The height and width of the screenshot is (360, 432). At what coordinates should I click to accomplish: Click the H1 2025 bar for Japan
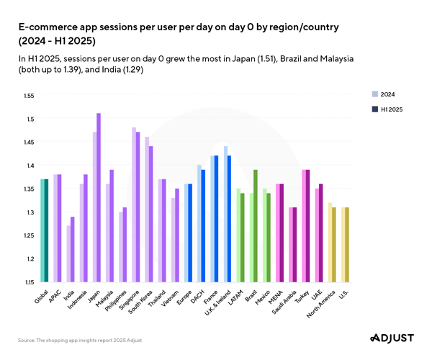pos(99,197)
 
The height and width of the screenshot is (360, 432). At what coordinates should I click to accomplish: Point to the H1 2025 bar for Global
pos(47,230)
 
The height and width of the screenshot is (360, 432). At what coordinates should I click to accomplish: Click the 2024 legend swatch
pos(374,94)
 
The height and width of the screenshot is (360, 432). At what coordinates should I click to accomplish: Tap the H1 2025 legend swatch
pos(374,109)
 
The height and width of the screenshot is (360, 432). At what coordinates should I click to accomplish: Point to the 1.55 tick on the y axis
pos(29,95)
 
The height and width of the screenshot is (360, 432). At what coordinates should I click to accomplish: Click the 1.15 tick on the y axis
pos(29,282)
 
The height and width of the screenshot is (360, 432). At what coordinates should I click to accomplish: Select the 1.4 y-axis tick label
pos(30,165)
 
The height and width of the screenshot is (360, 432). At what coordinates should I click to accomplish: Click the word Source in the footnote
pos(28,339)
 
